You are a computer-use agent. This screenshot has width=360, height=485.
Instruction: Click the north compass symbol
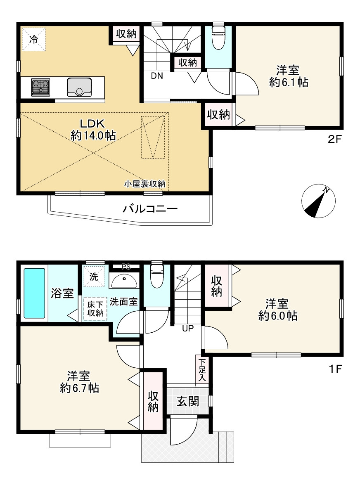(318, 201)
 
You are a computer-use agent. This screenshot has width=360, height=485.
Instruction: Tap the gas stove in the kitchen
(40, 87)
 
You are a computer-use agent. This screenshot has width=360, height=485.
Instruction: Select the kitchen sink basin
(80, 87)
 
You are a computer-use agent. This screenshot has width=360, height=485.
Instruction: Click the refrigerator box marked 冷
(34, 39)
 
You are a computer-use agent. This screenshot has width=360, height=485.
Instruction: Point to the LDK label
(92, 124)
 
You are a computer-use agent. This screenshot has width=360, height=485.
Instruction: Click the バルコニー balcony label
(150, 209)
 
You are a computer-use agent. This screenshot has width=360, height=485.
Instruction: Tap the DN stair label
(157, 76)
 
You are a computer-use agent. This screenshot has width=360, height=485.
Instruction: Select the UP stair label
(188, 328)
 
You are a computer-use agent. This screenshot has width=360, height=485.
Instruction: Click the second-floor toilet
(219, 37)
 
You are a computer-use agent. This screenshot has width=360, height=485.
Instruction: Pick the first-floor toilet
(156, 275)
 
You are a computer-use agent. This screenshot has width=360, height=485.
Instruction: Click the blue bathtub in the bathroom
(34, 293)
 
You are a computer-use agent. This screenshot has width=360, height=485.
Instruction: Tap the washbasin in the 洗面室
(124, 281)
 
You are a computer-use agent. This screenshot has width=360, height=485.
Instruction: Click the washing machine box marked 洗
(94, 276)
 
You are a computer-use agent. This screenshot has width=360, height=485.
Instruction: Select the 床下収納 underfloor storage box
(95, 308)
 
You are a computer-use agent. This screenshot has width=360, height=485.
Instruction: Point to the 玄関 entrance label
(188, 402)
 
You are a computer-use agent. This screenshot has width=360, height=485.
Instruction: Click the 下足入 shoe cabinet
(201, 369)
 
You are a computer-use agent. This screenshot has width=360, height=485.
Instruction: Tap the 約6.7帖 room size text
(80, 388)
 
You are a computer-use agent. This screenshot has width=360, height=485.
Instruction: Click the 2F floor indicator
(334, 139)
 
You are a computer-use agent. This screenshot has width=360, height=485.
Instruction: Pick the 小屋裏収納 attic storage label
(145, 184)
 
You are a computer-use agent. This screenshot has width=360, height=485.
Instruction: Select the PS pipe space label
(126, 267)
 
